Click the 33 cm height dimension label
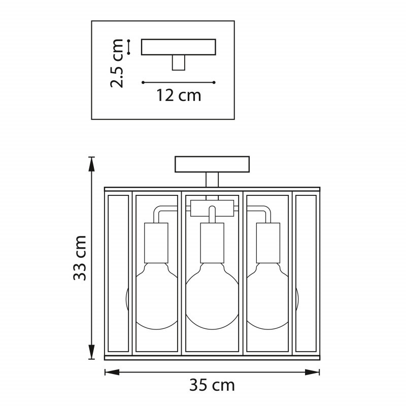tap(80, 258)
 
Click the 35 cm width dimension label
tap(212, 385)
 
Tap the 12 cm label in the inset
tap(179, 95)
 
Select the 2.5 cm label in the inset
tap(117, 63)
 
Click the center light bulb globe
tap(212, 296)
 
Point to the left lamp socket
tap(156, 243)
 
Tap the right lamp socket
tap(268, 243)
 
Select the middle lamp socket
tap(212, 243)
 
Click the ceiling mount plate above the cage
tap(212, 164)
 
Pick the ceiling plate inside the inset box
tap(179, 47)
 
